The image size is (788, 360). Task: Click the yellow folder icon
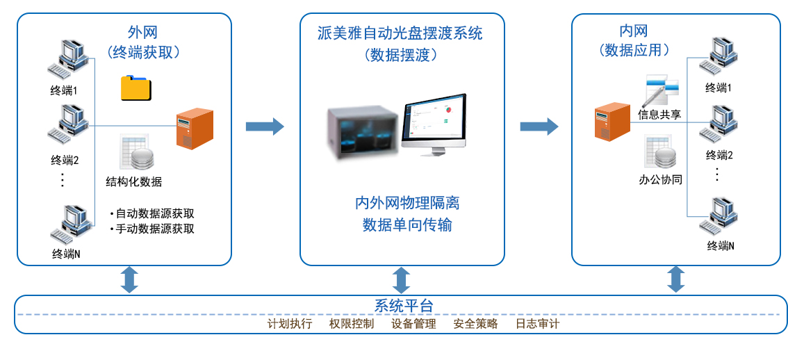click(x=136, y=88)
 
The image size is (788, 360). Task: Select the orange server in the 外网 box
click(x=194, y=129)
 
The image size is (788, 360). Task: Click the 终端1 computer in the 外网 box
click(x=68, y=60)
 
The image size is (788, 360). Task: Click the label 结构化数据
click(x=134, y=182)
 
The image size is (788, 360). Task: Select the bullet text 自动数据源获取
click(x=155, y=213)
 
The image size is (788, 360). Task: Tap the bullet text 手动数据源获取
click(x=155, y=229)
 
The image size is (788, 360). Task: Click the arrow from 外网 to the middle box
click(x=265, y=126)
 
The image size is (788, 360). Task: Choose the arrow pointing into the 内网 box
click(x=539, y=126)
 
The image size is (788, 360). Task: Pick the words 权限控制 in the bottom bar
click(x=352, y=324)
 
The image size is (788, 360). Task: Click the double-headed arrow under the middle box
click(x=401, y=279)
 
